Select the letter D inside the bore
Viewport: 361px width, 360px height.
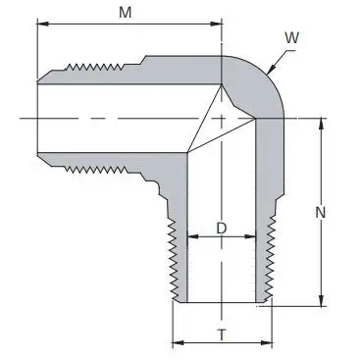click(x=222, y=228)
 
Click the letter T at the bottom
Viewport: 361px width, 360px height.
click(x=222, y=334)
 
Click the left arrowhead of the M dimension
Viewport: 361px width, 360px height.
click(x=41, y=26)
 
